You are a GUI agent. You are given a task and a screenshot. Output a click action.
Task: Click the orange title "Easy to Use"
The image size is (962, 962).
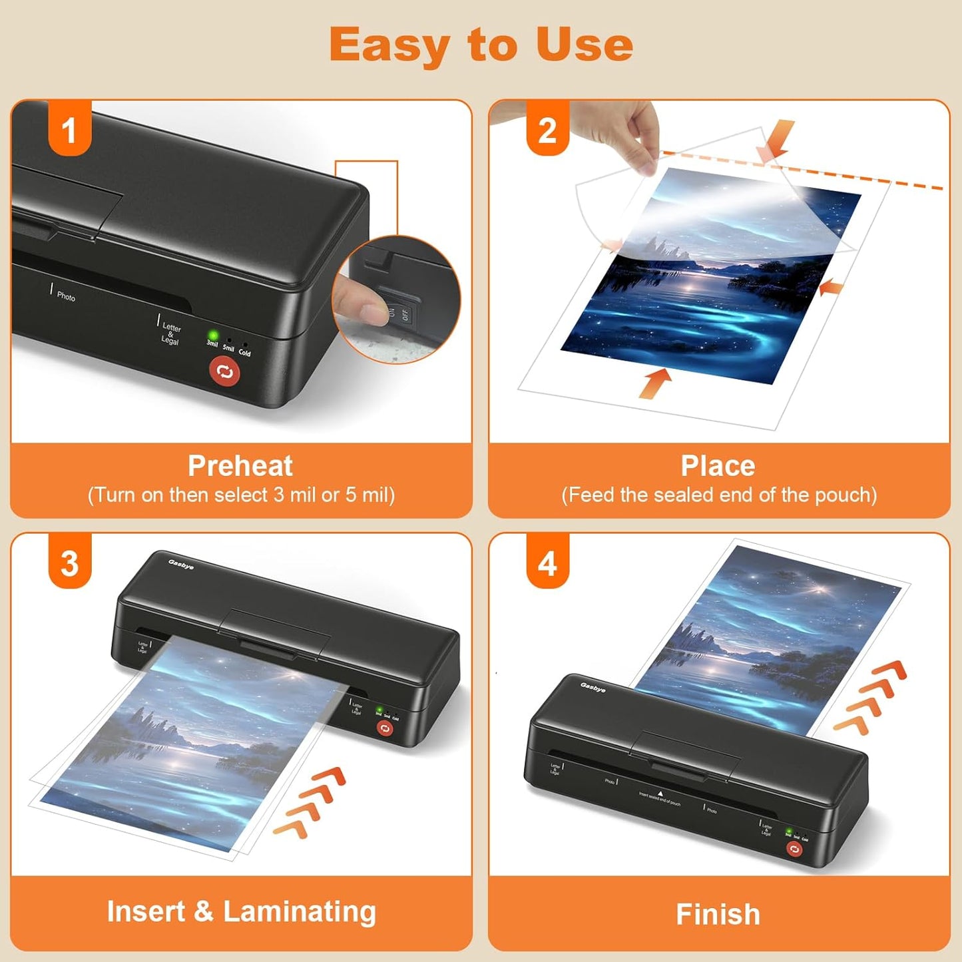pyautogui.click(x=481, y=45)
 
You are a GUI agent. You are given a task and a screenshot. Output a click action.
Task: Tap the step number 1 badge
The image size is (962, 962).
pyautogui.click(x=69, y=130)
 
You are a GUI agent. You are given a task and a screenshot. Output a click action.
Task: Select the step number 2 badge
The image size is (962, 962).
pyautogui.click(x=547, y=130)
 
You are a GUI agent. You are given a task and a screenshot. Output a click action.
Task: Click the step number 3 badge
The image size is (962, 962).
pyautogui.click(x=69, y=563)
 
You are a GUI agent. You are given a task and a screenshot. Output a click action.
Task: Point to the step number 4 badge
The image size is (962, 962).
pyautogui.click(x=547, y=563)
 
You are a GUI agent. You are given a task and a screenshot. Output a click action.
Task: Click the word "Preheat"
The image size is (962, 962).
pyautogui.click(x=240, y=465)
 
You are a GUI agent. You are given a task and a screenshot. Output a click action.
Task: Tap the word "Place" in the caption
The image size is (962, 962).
pyautogui.click(x=718, y=465)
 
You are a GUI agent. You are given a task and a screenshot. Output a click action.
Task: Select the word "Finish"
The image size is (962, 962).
pyautogui.click(x=718, y=914)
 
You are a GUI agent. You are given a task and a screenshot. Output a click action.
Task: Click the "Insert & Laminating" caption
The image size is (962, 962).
pyautogui.click(x=241, y=911)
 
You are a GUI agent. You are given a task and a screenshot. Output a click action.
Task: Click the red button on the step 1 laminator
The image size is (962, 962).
pyautogui.click(x=225, y=371)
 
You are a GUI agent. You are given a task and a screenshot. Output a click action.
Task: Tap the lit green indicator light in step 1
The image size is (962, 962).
pyautogui.click(x=214, y=335)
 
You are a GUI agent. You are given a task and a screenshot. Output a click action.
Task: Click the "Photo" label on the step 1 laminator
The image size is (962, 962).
pyautogui.click(x=66, y=296)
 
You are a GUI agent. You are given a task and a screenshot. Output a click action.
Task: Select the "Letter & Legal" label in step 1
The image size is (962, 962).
pyautogui.click(x=170, y=333)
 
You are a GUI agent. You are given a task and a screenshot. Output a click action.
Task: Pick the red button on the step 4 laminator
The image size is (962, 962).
pyautogui.click(x=794, y=848)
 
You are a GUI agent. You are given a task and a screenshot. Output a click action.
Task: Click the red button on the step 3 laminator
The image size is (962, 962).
pyautogui.click(x=385, y=728)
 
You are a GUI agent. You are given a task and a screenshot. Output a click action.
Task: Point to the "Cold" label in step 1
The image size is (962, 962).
pyautogui.click(x=244, y=353)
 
